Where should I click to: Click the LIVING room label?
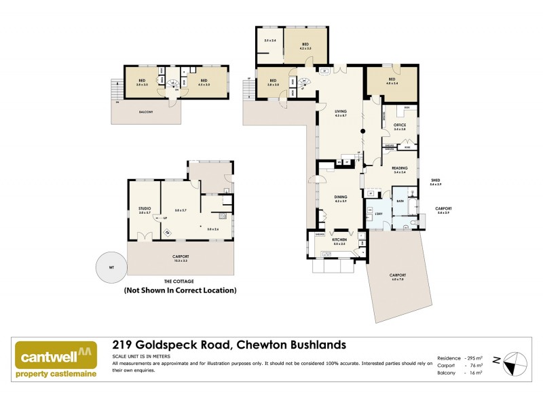click(x=341, y=113)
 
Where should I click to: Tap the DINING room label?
click(x=341, y=197)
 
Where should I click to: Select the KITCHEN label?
click(x=340, y=239)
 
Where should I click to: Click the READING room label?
click(x=400, y=168)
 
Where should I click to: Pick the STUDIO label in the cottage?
click(x=145, y=208)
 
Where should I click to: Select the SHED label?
click(x=435, y=181)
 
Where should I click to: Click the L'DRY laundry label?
click(x=379, y=214)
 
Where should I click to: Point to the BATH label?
click(x=400, y=201)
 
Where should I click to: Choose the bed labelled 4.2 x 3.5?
click(x=305, y=45)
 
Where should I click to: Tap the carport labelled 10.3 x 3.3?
click(x=180, y=257)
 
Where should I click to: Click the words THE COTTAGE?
click(x=180, y=281)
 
